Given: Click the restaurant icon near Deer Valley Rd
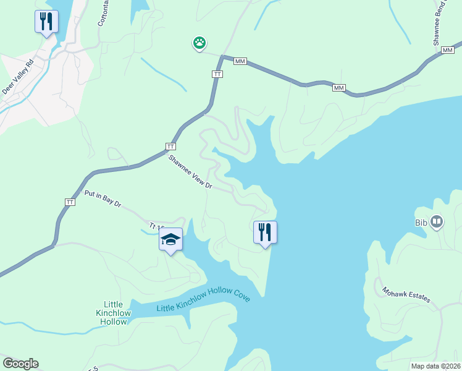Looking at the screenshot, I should click(46, 22).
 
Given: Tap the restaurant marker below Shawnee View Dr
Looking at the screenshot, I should click(265, 232).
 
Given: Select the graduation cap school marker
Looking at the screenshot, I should click(170, 239).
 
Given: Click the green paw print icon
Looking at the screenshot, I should click(199, 43).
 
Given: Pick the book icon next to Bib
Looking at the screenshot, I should click(437, 221).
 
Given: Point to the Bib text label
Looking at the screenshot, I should click(421, 223).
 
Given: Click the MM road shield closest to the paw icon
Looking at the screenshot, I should click(240, 61).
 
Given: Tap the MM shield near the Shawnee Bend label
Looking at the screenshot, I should click(447, 51).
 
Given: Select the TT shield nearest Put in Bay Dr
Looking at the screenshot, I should click(70, 202).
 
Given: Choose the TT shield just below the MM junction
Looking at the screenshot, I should click(217, 74).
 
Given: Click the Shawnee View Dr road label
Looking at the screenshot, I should click(190, 173).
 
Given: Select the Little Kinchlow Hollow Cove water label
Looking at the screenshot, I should click(203, 302).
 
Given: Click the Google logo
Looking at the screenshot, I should click(20, 364).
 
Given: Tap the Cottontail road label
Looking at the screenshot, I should click(102, 14).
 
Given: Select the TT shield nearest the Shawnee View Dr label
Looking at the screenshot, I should click(170, 147).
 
